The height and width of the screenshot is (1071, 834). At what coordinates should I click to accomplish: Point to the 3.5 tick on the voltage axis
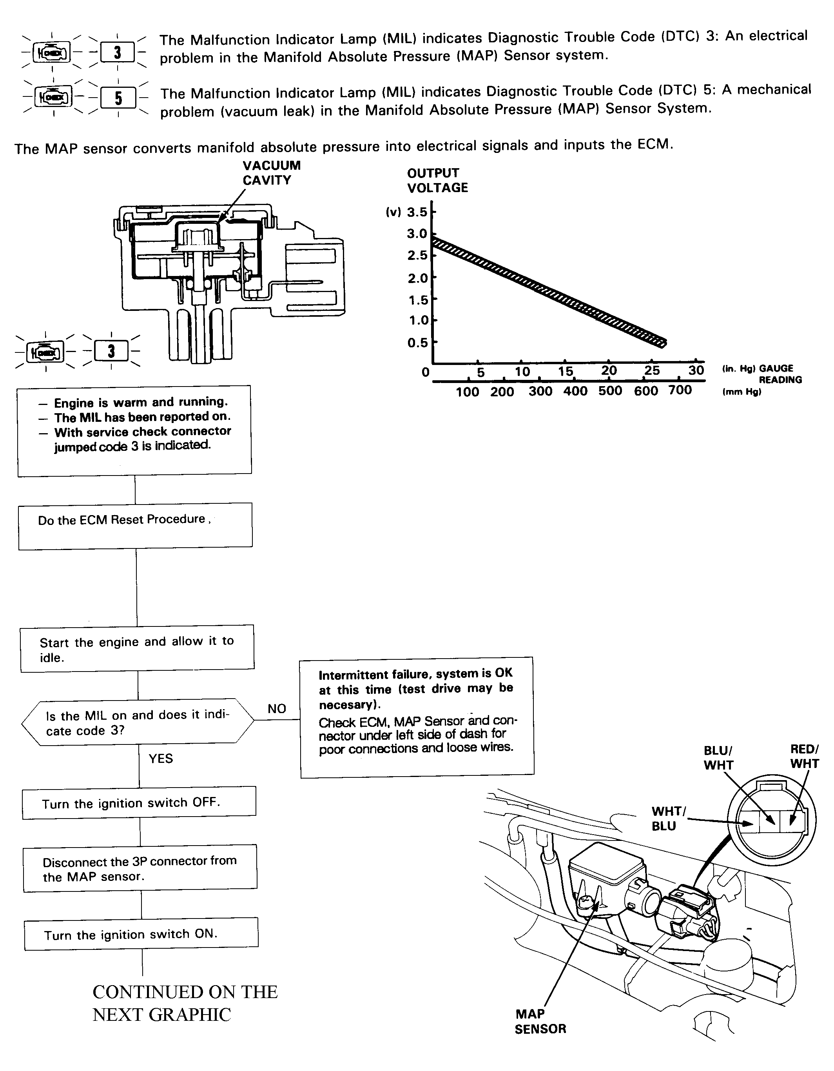[x=418, y=212]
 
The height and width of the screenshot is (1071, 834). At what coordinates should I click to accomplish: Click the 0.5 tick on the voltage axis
[x=418, y=342]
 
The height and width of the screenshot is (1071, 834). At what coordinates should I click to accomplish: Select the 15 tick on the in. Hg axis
[x=565, y=371]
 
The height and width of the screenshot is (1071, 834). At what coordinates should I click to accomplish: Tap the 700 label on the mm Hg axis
[x=680, y=390]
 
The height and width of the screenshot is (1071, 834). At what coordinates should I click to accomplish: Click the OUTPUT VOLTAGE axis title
[x=437, y=180]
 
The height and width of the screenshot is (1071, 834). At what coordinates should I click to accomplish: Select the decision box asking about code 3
[x=137, y=722]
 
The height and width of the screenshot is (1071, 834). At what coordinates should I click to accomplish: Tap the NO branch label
[x=277, y=709]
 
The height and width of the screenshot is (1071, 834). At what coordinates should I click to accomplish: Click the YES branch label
[x=161, y=759]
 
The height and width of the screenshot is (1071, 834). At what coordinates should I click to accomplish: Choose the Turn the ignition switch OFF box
[x=139, y=803]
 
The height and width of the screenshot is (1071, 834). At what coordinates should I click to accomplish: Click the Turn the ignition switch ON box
[x=141, y=934]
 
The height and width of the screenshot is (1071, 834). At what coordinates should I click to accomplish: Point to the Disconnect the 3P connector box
[x=140, y=868]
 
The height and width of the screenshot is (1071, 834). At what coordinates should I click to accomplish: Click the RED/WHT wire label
[x=804, y=756]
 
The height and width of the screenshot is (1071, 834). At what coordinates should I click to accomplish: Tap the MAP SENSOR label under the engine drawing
[x=540, y=1021]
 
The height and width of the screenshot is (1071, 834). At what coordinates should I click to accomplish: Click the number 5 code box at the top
[x=118, y=98]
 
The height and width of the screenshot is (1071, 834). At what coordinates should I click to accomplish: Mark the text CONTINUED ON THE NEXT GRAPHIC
[x=185, y=1003]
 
